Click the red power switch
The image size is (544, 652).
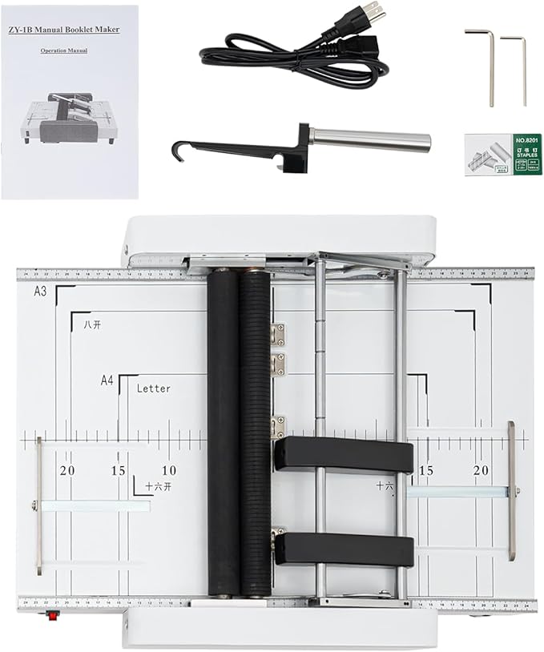55,616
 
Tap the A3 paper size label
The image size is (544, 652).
40,292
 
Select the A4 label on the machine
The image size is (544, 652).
107,380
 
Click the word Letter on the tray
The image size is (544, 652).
153,388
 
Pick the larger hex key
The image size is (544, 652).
482,64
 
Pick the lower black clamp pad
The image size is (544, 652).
345,549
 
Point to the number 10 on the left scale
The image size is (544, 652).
169,470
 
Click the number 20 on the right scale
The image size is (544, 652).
482,470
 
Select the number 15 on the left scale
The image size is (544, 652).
119,470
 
